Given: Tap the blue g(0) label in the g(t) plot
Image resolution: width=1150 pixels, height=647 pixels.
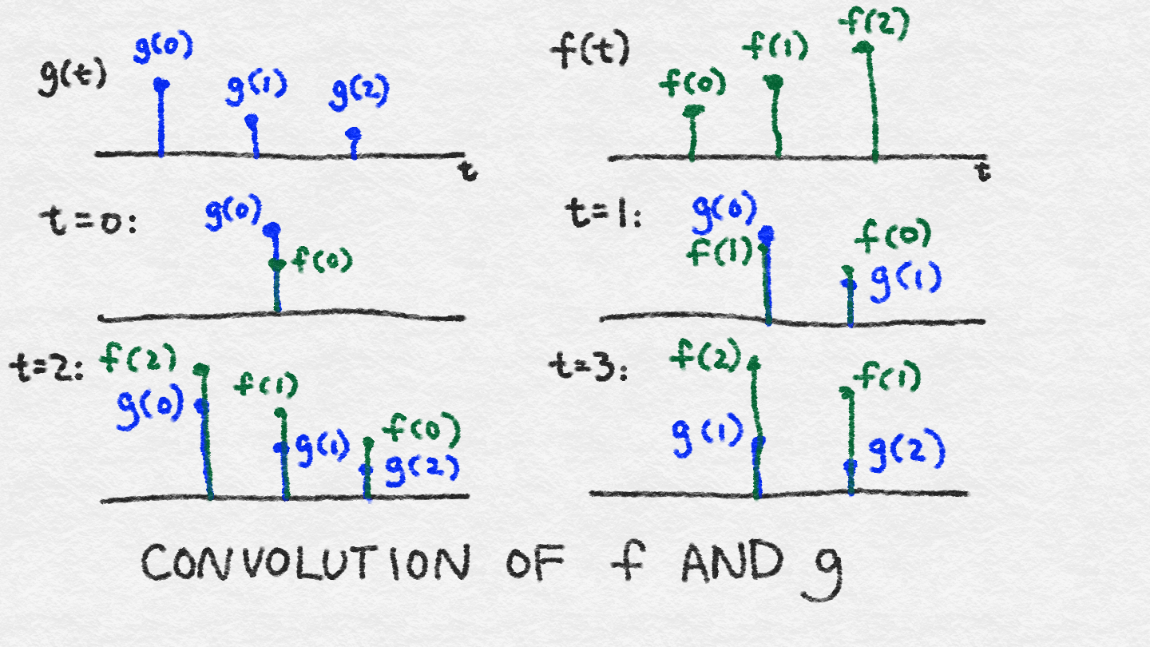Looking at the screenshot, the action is [x=163, y=46].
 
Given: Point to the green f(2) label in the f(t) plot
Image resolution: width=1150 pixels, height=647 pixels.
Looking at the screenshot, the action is [x=874, y=23].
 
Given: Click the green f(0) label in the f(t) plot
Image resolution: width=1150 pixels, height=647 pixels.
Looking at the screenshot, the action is [x=692, y=82].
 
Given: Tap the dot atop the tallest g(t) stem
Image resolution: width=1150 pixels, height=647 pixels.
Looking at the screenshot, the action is [x=161, y=84].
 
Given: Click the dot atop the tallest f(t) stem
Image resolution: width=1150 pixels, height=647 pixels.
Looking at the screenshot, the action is [x=865, y=48].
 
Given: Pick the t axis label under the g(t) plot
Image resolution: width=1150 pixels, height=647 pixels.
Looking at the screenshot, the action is [x=468, y=170].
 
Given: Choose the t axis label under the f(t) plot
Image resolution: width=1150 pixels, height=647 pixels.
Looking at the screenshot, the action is [x=982, y=172].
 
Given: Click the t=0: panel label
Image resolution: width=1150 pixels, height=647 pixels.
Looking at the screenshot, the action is [x=88, y=222].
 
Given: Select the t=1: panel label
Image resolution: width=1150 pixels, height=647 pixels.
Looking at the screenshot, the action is [x=604, y=213].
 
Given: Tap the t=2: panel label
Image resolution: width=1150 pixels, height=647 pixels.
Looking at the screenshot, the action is [x=46, y=369].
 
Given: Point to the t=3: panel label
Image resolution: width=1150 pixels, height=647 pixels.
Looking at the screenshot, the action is [x=589, y=367].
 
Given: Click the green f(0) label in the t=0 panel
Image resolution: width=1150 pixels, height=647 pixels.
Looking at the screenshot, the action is [x=322, y=260].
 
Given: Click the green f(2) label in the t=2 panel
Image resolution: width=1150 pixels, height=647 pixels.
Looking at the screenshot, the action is [x=137, y=357].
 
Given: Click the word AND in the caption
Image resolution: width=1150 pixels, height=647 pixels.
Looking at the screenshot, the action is [x=732, y=561].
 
